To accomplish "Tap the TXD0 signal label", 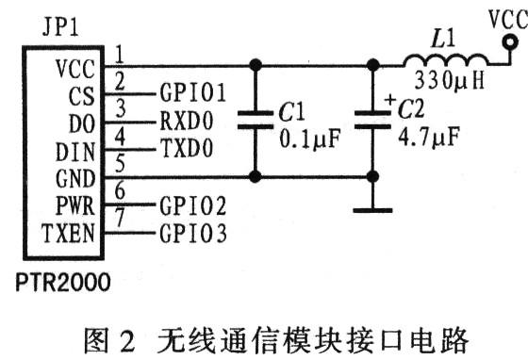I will click(186, 149).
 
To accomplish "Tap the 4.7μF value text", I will click(425, 136).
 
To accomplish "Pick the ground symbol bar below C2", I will click(373, 209).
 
